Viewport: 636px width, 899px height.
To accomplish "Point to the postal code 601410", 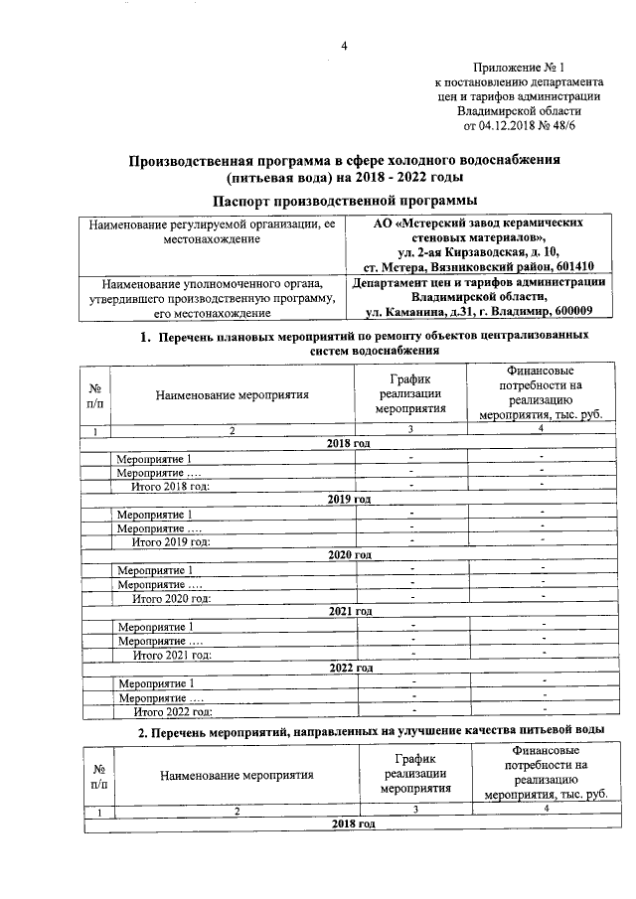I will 571,266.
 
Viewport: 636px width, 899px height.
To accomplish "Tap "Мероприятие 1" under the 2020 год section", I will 154,570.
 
